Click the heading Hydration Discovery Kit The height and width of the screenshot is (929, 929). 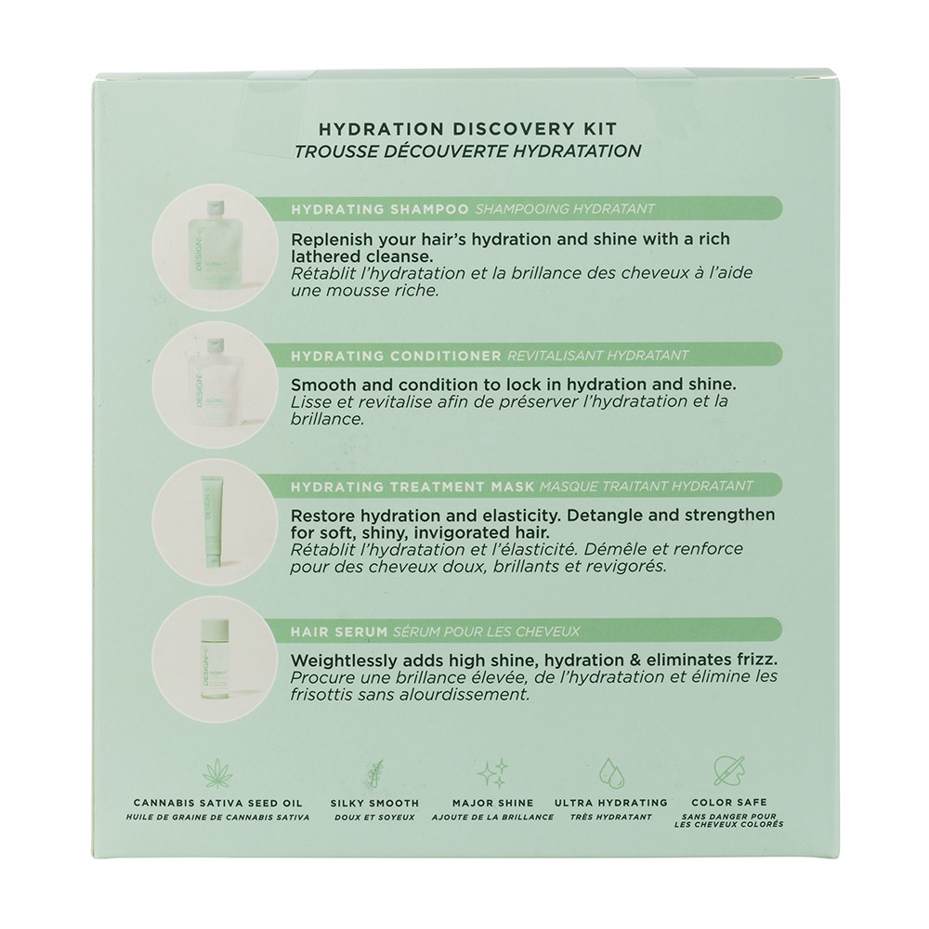468,128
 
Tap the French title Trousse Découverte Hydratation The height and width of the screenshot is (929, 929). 468,151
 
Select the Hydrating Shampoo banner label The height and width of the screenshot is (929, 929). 380,208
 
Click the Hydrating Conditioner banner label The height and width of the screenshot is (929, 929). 396,356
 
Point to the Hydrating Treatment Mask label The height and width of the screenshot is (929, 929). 412,487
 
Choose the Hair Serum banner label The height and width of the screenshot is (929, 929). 339,632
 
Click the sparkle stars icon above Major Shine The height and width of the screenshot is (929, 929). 493,772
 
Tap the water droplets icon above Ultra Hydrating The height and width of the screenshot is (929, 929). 611,772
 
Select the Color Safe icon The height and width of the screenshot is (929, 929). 728,772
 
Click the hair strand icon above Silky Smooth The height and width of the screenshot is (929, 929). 374,772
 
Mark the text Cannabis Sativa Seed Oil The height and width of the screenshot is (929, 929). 218,803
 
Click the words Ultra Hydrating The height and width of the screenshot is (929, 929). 611,803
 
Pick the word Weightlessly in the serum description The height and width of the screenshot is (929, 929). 341,660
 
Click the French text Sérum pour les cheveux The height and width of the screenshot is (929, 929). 486,632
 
